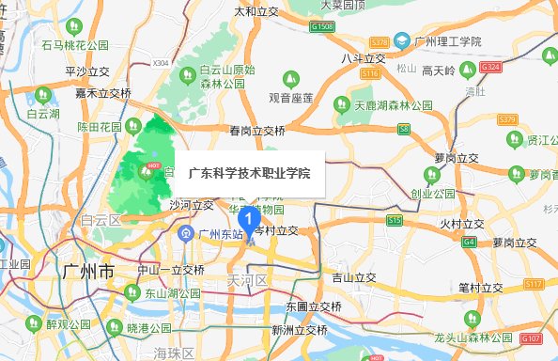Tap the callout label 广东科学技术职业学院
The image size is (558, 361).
pos(248,173)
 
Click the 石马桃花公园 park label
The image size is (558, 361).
pos(75,45)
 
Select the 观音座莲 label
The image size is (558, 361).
pos(291,98)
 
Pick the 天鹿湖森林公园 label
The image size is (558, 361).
pos(392,104)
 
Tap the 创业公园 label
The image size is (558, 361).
pos(433,193)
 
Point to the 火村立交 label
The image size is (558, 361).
pos(461,224)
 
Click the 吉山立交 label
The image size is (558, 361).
pos(353,277)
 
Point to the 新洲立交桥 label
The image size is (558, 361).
pos(300,331)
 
